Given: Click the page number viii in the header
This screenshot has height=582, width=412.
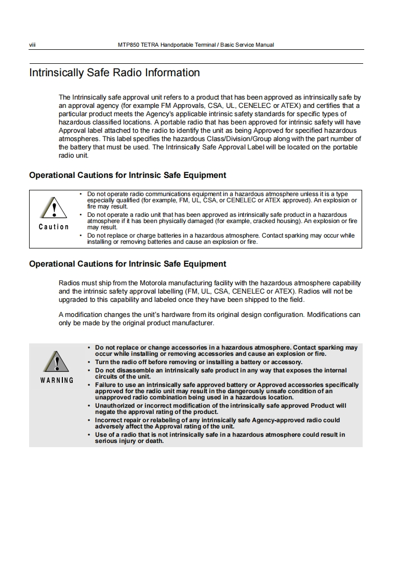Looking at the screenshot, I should pyautogui.click(x=32, y=45).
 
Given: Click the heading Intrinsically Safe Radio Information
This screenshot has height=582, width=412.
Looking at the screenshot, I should pyautogui.click(x=114, y=73).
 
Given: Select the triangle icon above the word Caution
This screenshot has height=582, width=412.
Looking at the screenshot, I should pyautogui.click(x=54, y=209).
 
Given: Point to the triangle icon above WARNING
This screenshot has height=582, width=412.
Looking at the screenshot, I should pyautogui.click(x=57, y=362).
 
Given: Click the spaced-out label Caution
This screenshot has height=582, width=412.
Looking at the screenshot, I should pyautogui.click(x=54, y=227).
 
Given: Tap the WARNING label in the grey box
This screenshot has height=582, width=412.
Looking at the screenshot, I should pyautogui.click(x=57, y=380).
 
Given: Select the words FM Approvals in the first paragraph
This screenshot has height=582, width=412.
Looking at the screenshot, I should pyautogui.click(x=168, y=105).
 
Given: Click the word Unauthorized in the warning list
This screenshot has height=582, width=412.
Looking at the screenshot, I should pyautogui.click(x=117, y=405).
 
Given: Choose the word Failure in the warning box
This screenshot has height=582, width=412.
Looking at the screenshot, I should pyautogui.click(x=107, y=384).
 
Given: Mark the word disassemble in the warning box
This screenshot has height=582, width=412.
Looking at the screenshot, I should pyautogui.click(x=129, y=370).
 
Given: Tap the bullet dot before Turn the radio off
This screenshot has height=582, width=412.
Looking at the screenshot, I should pyautogui.click(x=89, y=362).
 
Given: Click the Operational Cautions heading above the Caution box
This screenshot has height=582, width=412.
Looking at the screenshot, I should pyautogui.click(x=127, y=175).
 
